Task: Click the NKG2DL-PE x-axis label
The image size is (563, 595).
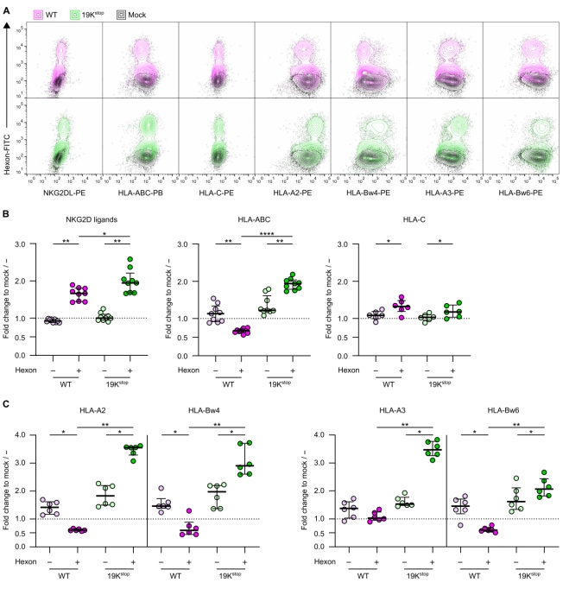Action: coord(65,207)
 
